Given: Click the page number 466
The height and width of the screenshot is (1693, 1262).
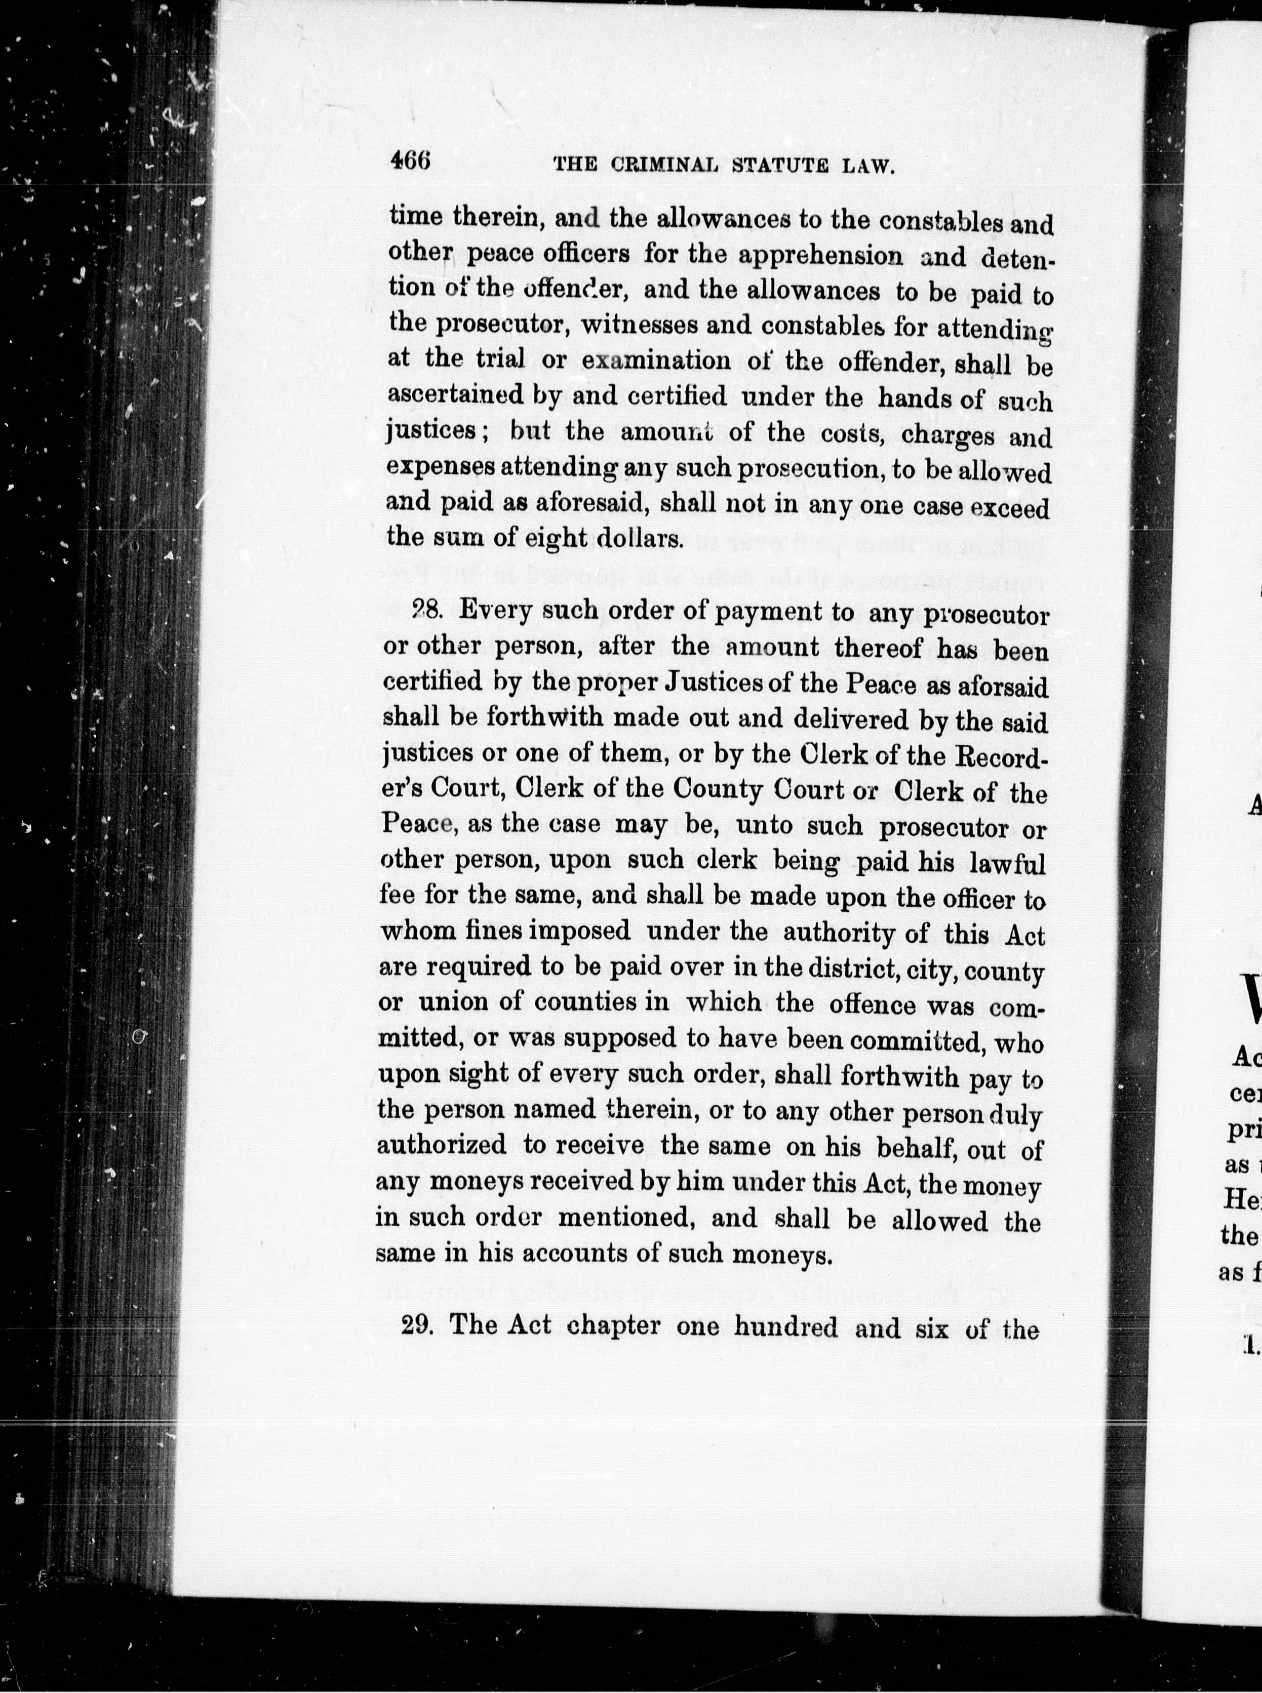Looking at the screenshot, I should (x=411, y=162).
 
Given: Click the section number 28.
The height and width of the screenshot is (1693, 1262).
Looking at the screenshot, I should (x=422, y=610).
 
